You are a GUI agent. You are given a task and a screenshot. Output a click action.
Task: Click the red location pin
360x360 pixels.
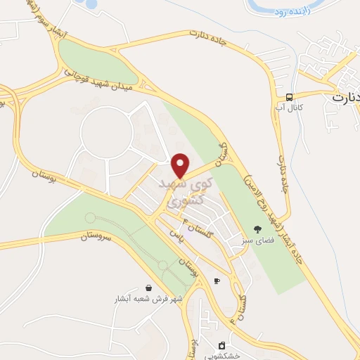click(181, 165)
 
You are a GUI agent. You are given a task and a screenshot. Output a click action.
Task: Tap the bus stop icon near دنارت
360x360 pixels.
click(290, 97)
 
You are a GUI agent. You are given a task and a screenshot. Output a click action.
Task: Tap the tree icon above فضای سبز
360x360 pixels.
click(257, 229)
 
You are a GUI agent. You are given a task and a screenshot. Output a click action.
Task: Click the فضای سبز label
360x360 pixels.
click(257, 240)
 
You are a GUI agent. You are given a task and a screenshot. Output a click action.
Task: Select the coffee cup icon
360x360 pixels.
click(217, 281)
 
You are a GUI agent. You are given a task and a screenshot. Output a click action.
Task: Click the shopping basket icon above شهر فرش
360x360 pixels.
click(148, 288)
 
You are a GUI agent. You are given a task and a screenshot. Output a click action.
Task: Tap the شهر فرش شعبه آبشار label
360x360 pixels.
click(148, 299)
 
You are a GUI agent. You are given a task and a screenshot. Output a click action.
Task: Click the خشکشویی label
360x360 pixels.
click(223, 356)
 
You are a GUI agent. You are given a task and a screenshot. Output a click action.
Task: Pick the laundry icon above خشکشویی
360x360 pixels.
click(222, 345)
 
